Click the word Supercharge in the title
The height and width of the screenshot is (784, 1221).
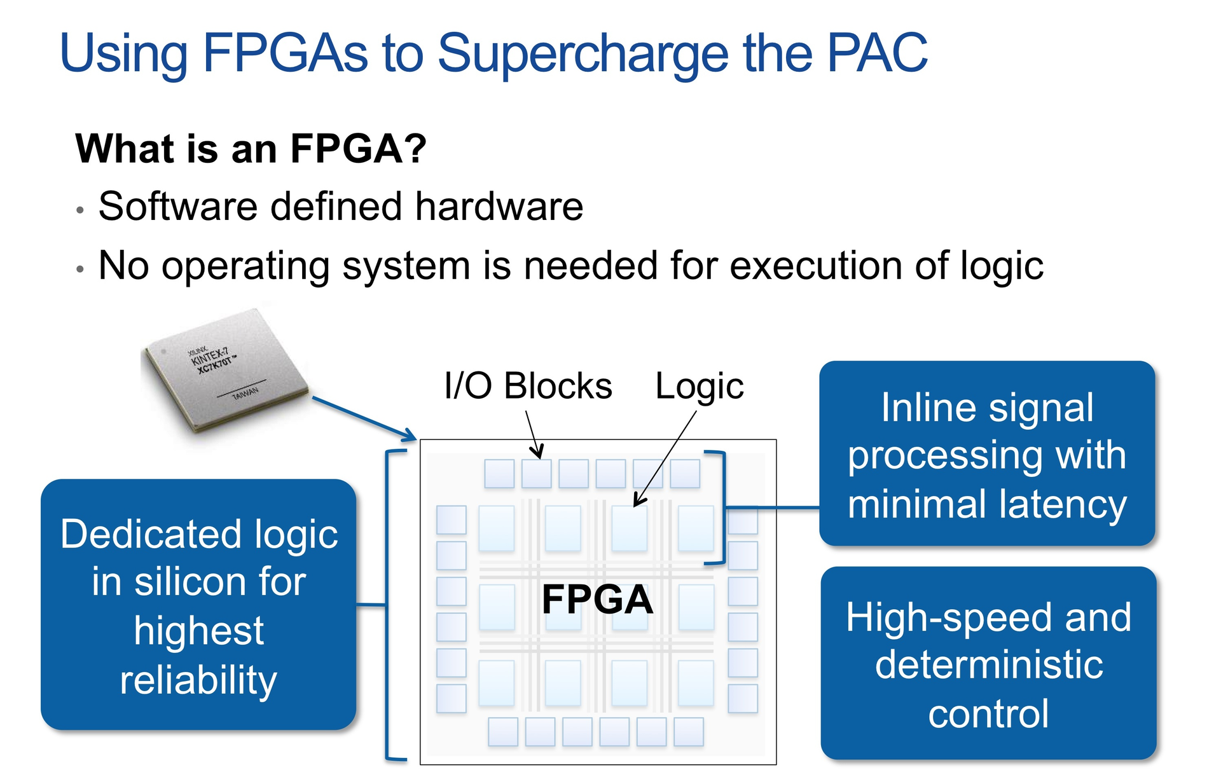pos(582,53)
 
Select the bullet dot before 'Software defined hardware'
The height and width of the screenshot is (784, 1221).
pos(79,210)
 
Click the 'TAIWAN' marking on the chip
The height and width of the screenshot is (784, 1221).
pos(245,393)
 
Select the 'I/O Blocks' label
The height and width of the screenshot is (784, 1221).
pos(528,386)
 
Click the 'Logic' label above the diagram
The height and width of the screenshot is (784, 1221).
pos(699,386)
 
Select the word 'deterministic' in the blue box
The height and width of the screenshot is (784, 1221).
pos(988,665)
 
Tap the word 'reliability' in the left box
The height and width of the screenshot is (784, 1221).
pos(198,680)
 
